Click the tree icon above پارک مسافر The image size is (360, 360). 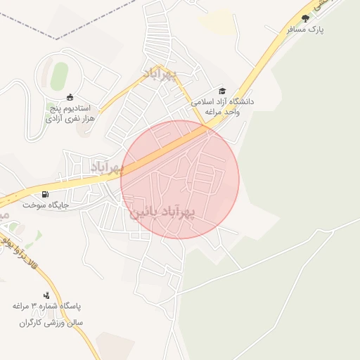[304, 18]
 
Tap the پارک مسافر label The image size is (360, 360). [304, 31]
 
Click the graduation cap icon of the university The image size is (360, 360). [223, 91]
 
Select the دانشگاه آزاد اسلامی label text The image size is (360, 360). [223, 102]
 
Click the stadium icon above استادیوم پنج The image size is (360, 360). [69, 98]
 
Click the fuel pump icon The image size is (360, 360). [46, 194]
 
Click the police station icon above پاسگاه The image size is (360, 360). [46, 295]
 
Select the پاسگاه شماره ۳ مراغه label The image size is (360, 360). [47, 307]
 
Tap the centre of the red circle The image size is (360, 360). [180, 179]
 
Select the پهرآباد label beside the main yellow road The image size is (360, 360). [107, 167]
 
